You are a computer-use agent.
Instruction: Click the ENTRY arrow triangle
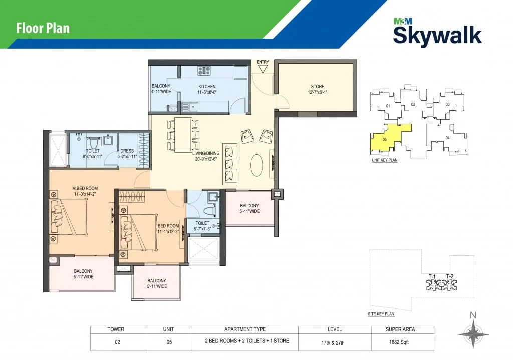(x=263, y=69)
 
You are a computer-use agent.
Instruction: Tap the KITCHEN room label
(x=207, y=86)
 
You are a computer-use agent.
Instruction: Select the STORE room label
(x=317, y=86)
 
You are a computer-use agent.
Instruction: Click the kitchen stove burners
(x=204, y=71)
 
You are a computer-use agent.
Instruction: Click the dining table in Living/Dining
(x=183, y=135)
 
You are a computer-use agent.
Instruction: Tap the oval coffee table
(x=257, y=165)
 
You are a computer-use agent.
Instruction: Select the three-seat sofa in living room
(x=230, y=164)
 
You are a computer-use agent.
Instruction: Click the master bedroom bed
(x=69, y=217)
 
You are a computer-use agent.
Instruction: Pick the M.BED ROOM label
(x=85, y=188)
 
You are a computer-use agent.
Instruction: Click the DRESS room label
(x=127, y=151)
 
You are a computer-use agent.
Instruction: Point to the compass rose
(x=473, y=334)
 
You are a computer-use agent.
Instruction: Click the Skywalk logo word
(x=437, y=35)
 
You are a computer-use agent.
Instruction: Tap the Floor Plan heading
(x=43, y=28)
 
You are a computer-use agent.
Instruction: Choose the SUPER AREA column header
(x=400, y=329)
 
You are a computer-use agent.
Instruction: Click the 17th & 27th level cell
(x=333, y=343)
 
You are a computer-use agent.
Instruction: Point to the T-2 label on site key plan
(x=450, y=276)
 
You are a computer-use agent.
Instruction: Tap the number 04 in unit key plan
(x=447, y=138)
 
